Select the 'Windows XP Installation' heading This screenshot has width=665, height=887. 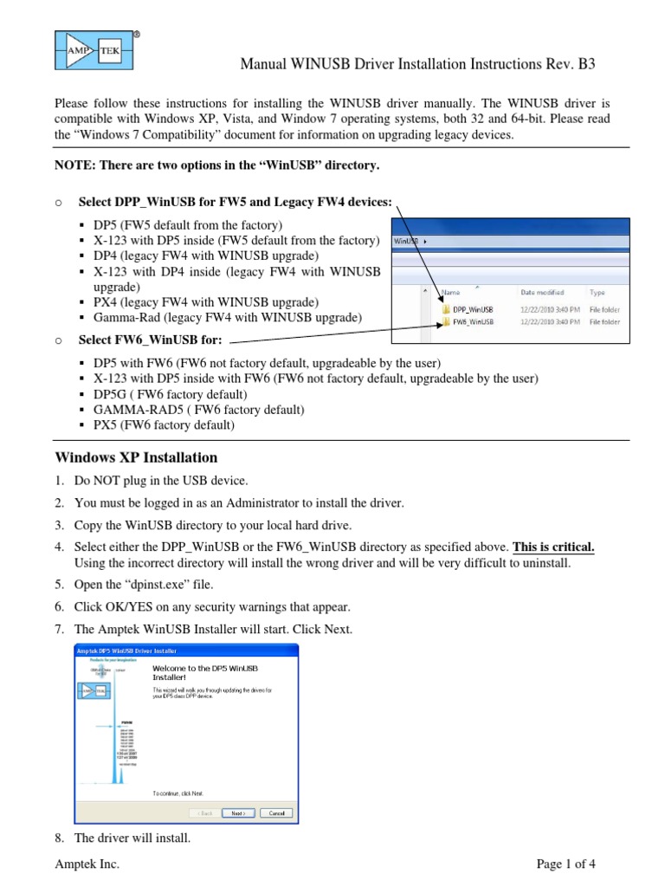136,457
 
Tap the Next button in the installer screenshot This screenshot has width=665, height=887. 237,813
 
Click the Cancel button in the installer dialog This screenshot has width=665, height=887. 277,813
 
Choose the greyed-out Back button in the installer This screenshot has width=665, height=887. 204,813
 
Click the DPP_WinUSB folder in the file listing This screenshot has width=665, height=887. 472,308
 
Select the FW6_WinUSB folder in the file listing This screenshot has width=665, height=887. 472,321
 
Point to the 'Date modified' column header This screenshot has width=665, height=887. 542,293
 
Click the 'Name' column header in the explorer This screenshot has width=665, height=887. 451,293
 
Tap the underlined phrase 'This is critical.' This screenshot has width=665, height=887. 554,547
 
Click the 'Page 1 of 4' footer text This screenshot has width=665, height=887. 566,864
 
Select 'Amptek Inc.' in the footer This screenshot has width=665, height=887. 87,864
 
